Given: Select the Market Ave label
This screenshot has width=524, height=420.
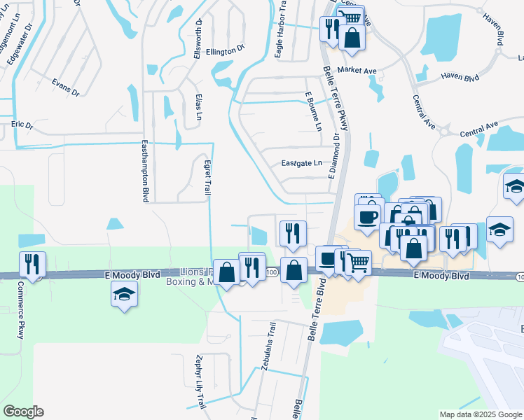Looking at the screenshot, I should tap(357, 70).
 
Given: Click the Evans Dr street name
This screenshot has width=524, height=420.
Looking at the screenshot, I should tap(66, 87).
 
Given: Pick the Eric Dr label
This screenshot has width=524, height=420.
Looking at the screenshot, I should tap(22, 125).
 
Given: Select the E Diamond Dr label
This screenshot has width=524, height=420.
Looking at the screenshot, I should tap(335, 155).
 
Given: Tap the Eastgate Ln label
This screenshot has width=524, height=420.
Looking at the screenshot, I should tap(301, 163).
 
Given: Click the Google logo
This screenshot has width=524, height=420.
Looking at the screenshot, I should tap(23, 412).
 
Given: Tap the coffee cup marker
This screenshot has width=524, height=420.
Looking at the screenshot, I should tap(368, 218).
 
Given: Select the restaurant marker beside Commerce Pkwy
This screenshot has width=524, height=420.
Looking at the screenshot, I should tap(32, 265).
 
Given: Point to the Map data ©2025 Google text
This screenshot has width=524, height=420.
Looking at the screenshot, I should tap(480, 414).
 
